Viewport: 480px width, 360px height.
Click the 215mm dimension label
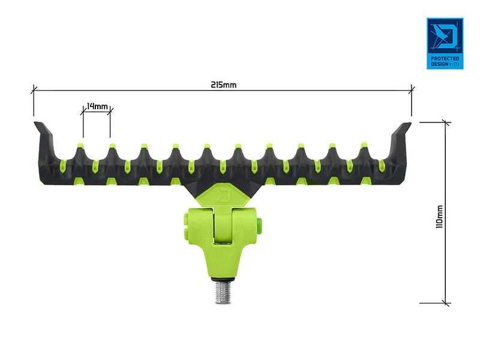tap(223, 85)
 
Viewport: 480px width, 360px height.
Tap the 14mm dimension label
tap(97, 106)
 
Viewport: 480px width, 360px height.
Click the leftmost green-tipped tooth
tap(80, 146)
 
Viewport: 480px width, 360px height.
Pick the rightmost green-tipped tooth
tap(363, 146)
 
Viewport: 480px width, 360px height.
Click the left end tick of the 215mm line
tap(34, 90)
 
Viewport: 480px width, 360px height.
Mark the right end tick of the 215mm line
tap(412, 90)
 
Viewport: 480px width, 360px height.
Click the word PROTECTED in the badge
tap(445, 58)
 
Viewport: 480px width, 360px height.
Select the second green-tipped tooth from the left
tap(112, 146)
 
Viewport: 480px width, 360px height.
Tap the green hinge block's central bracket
tap(223, 231)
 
